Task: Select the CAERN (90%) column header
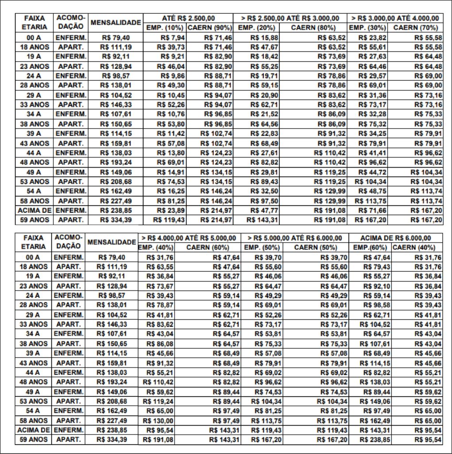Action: point(209,28)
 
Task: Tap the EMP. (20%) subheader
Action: point(255,28)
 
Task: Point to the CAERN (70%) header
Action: point(415,28)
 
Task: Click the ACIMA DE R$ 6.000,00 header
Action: point(395,238)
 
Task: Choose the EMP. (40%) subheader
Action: point(156,247)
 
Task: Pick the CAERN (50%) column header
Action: point(316,247)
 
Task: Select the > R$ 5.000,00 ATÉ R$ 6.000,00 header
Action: point(295,238)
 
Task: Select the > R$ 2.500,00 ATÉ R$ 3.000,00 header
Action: point(290,18)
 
